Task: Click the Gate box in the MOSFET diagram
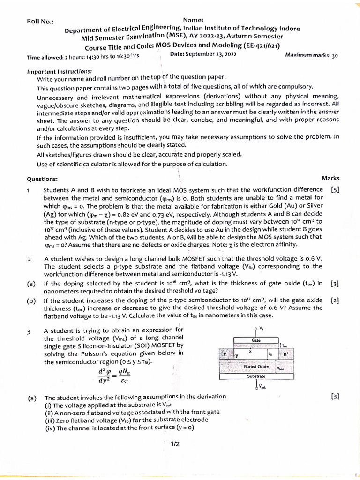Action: [256, 340]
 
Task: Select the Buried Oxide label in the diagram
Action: [256, 367]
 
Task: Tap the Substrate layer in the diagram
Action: [256, 376]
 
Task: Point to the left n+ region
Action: [226, 354]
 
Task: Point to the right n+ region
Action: [286, 355]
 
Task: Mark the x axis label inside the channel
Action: [250, 350]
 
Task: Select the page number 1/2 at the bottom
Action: [175, 444]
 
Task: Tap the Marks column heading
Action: [330, 179]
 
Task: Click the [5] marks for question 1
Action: [335, 190]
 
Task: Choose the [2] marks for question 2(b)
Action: [335, 300]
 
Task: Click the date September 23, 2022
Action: [203, 54]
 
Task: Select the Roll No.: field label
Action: [40, 22]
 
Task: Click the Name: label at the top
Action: [193, 20]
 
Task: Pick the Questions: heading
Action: [42, 179]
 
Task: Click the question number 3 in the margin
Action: [29, 331]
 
